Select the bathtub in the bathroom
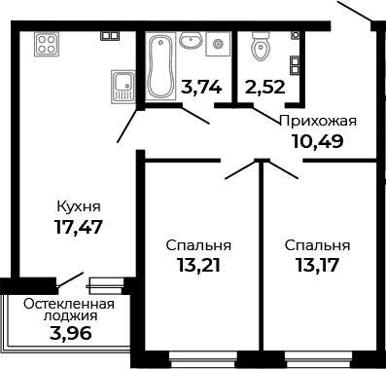point(159,66)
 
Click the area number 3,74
point(201,86)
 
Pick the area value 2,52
point(264,86)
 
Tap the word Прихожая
point(318,121)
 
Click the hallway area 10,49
point(318,141)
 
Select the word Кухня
point(78,206)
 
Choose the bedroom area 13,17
point(318,266)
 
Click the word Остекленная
point(68,303)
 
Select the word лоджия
point(68,317)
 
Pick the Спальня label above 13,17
point(318,245)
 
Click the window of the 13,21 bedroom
point(199,354)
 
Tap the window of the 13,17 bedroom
point(318,354)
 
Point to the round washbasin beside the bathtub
point(192,42)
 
